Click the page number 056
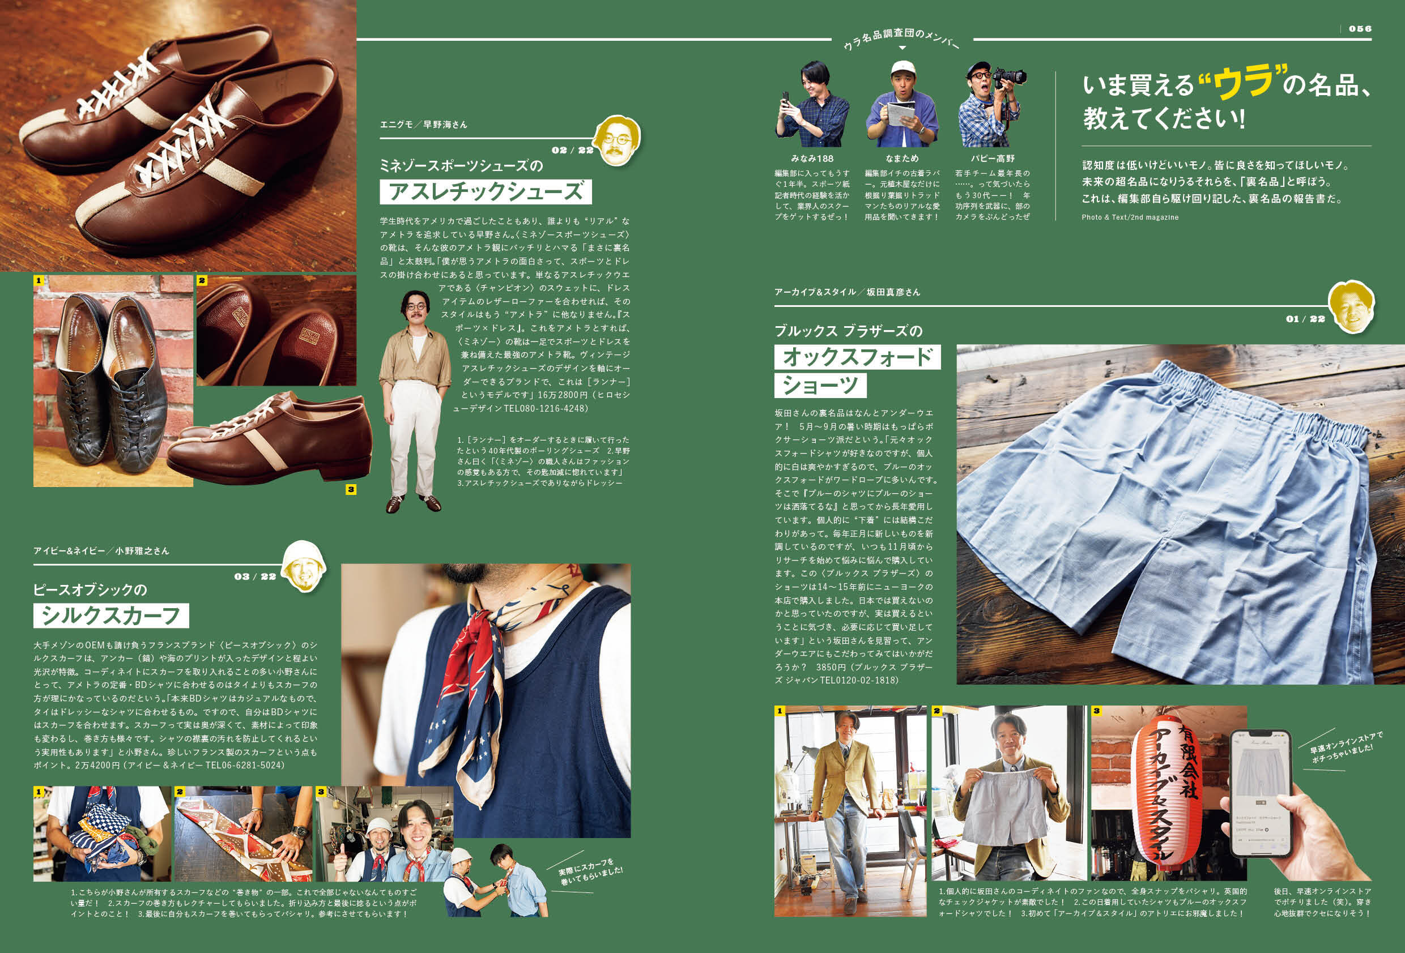1360,28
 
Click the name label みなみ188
812,159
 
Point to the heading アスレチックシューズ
486,191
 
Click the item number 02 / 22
572,150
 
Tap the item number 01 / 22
1305,318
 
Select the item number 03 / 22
254,576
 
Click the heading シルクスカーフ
111,616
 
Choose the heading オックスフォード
857,357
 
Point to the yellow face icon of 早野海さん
616,141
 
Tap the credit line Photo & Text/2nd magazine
1129,217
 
